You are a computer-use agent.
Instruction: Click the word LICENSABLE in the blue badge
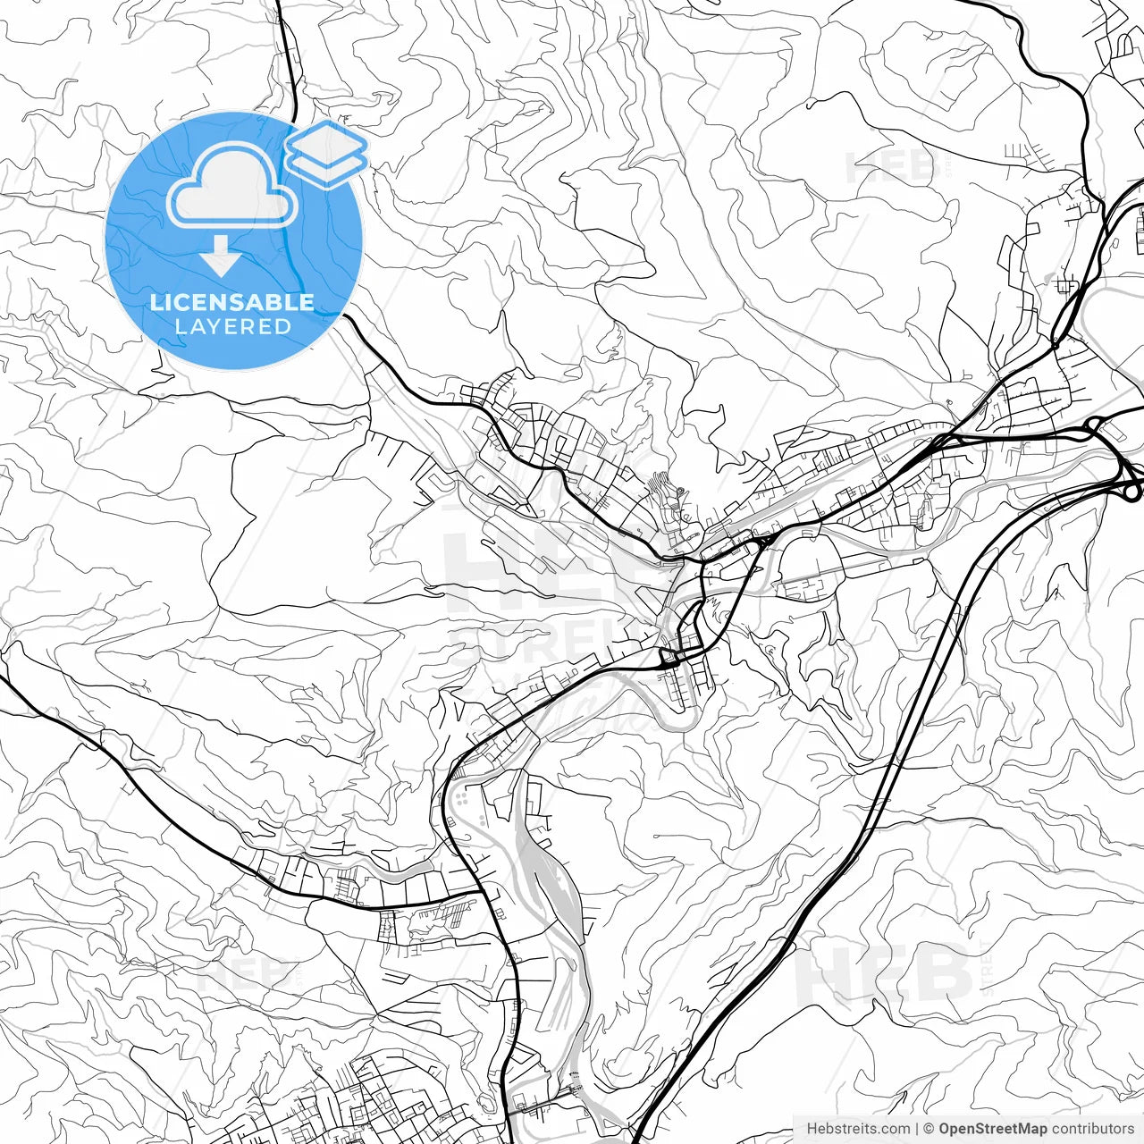232,302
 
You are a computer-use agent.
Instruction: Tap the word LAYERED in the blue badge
232,326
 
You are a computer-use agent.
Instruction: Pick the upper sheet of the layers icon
326,143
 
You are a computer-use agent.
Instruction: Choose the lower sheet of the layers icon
326,167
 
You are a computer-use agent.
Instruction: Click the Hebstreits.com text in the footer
858,1129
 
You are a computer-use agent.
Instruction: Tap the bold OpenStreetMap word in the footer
992,1129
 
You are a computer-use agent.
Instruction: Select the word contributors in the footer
1091,1129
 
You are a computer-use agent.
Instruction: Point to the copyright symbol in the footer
929,1129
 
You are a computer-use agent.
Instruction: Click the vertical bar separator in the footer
917,1129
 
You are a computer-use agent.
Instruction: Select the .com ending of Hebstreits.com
895,1129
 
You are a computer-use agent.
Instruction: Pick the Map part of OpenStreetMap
1029,1129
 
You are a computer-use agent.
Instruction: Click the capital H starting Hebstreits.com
812,1129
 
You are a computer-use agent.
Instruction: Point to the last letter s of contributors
1130,1129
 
